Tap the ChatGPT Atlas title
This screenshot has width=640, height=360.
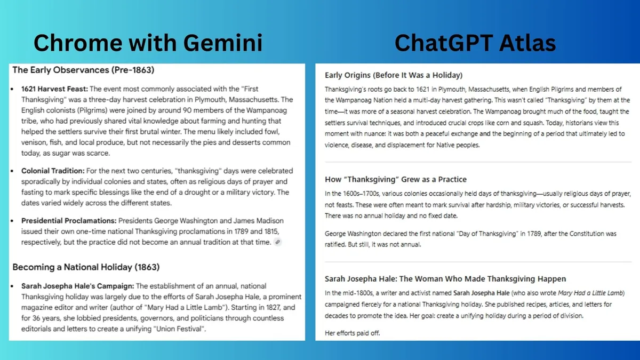click(x=475, y=42)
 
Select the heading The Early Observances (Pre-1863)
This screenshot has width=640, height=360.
click(x=83, y=70)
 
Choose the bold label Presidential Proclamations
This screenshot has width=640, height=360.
click(x=69, y=220)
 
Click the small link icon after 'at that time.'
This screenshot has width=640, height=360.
click(x=277, y=242)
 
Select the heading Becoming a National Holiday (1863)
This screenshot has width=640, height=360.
click(x=86, y=267)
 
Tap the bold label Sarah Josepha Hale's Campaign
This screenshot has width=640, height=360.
click(x=77, y=286)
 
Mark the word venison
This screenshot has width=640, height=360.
click(x=35, y=142)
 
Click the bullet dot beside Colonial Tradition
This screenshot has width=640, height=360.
click(x=12, y=171)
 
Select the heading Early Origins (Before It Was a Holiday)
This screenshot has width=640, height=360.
click(x=394, y=75)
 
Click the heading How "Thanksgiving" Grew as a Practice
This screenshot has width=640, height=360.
click(x=396, y=179)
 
